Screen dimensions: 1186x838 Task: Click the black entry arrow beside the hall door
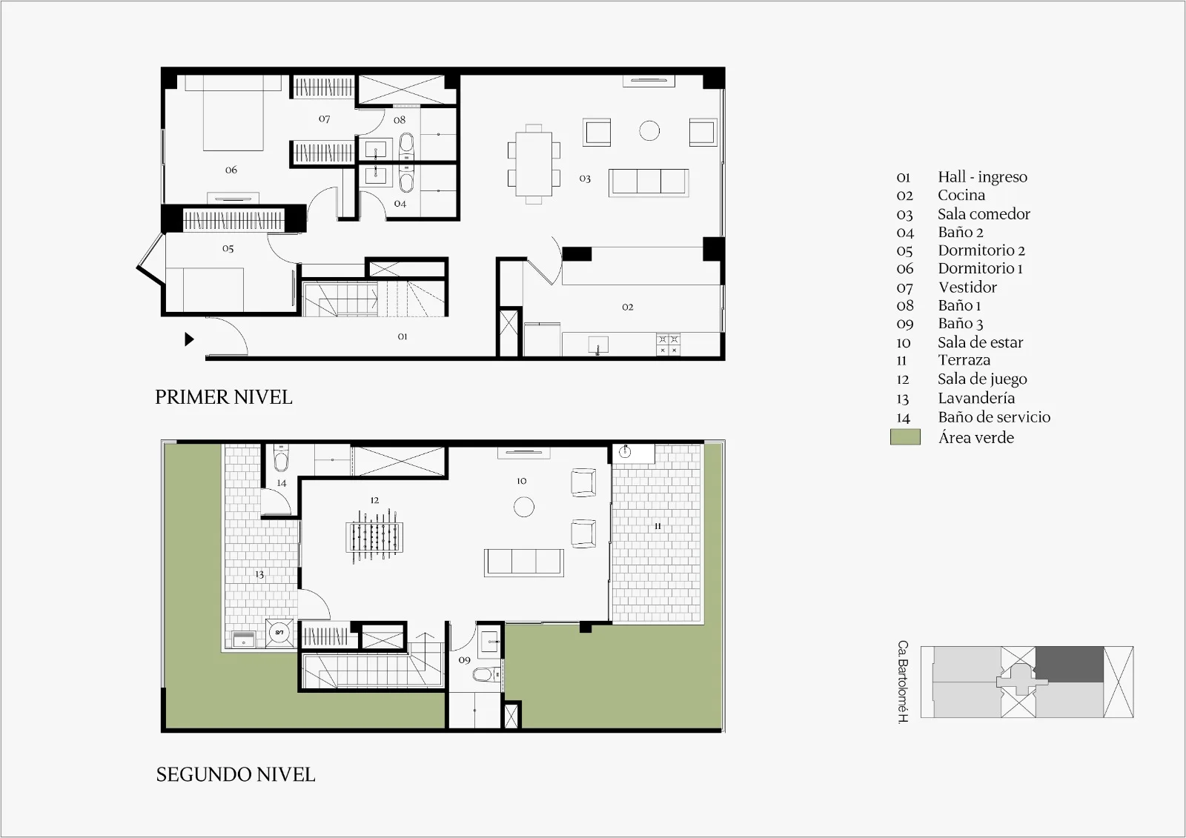pyautogui.click(x=189, y=339)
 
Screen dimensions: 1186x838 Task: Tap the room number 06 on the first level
pyautogui.click(x=231, y=170)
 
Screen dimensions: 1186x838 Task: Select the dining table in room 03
pyautogui.click(x=534, y=164)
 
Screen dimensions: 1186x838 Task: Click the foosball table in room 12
pyautogui.click(x=374, y=536)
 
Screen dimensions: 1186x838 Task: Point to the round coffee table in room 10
pyautogui.click(x=523, y=507)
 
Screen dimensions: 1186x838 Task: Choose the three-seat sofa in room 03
pyautogui.click(x=649, y=182)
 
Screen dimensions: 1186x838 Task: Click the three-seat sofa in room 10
pyautogui.click(x=523, y=562)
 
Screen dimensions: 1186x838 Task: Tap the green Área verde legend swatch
pyautogui.click(x=905, y=436)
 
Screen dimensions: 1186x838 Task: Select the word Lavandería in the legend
pyautogui.click(x=976, y=398)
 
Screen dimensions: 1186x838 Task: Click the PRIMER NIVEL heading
pyautogui.click(x=223, y=397)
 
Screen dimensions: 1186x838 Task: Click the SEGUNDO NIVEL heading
pyautogui.click(x=236, y=774)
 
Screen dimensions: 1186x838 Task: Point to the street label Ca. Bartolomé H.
pyautogui.click(x=904, y=682)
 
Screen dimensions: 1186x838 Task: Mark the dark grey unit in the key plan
pyautogui.click(x=1070, y=665)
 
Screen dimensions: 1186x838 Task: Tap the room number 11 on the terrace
pyautogui.click(x=657, y=526)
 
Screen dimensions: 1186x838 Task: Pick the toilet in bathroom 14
pyautogui.click(x=281, y=459)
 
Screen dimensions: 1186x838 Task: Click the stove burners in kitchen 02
pyautogui.click(x=668, y=344)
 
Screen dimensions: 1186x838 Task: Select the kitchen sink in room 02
pyautogui.click(x=598, y=345)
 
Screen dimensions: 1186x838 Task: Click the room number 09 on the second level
pyautogui.click(x=464, y=660)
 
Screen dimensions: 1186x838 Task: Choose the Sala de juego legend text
pyautogui.click(x=982, y=379)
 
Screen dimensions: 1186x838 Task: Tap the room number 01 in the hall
pyautogui.click(x=402, y=336)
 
